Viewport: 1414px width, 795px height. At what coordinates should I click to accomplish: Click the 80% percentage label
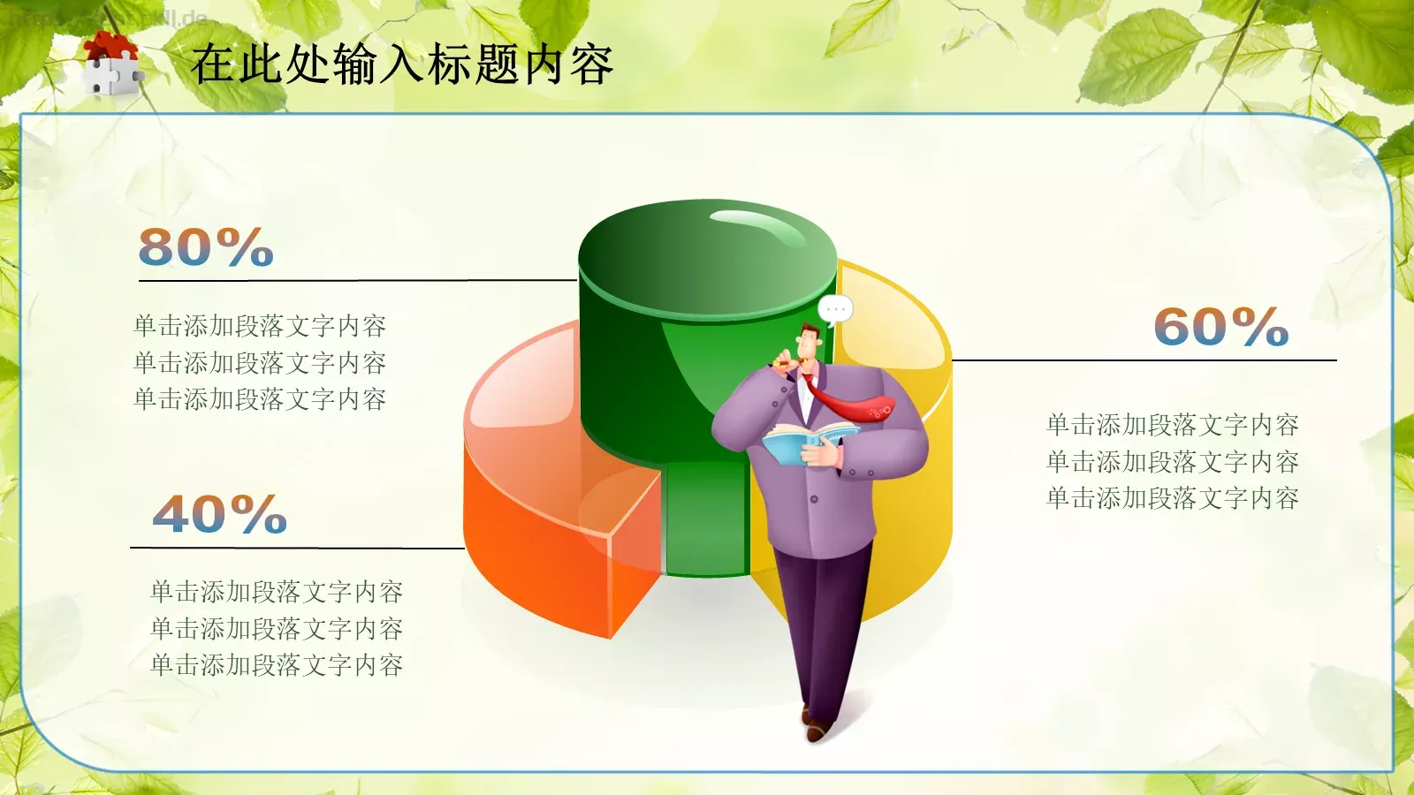coord(206,247)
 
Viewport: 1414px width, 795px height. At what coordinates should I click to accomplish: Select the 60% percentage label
coord(1220,327)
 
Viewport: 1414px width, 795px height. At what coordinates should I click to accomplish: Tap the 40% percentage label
coord(220,514)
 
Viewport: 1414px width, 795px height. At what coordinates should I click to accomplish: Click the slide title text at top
coord(402,64)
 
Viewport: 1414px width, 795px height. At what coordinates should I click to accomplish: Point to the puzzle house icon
coord(111,64)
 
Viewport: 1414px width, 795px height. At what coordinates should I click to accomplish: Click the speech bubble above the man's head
coord(835,309)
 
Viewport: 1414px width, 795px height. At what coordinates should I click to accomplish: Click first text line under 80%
coord(260,326)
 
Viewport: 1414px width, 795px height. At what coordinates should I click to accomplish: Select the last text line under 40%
coord(277,665)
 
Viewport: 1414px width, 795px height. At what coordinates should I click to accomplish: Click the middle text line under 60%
coord(1172,462)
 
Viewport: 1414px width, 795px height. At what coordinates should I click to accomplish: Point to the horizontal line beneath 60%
coord(1144,360)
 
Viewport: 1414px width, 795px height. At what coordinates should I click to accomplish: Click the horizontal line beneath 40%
coord(297,548)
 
